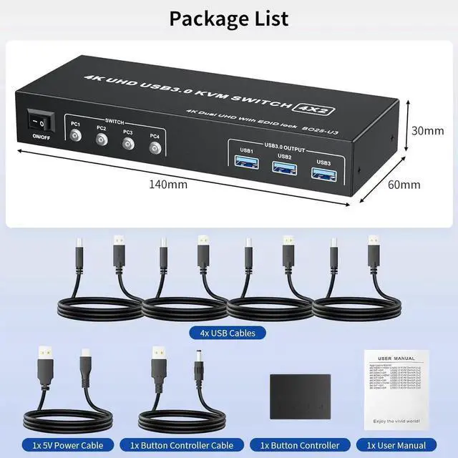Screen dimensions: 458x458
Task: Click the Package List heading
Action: point(229,18)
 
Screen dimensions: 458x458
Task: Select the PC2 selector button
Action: point(102,142)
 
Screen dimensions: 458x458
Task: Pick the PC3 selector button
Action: point(128,145)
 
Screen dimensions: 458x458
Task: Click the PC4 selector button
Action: point(155,149)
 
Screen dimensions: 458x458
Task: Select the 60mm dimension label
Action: point(404,185)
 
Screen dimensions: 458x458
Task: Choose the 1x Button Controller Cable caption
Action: point(177,445)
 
